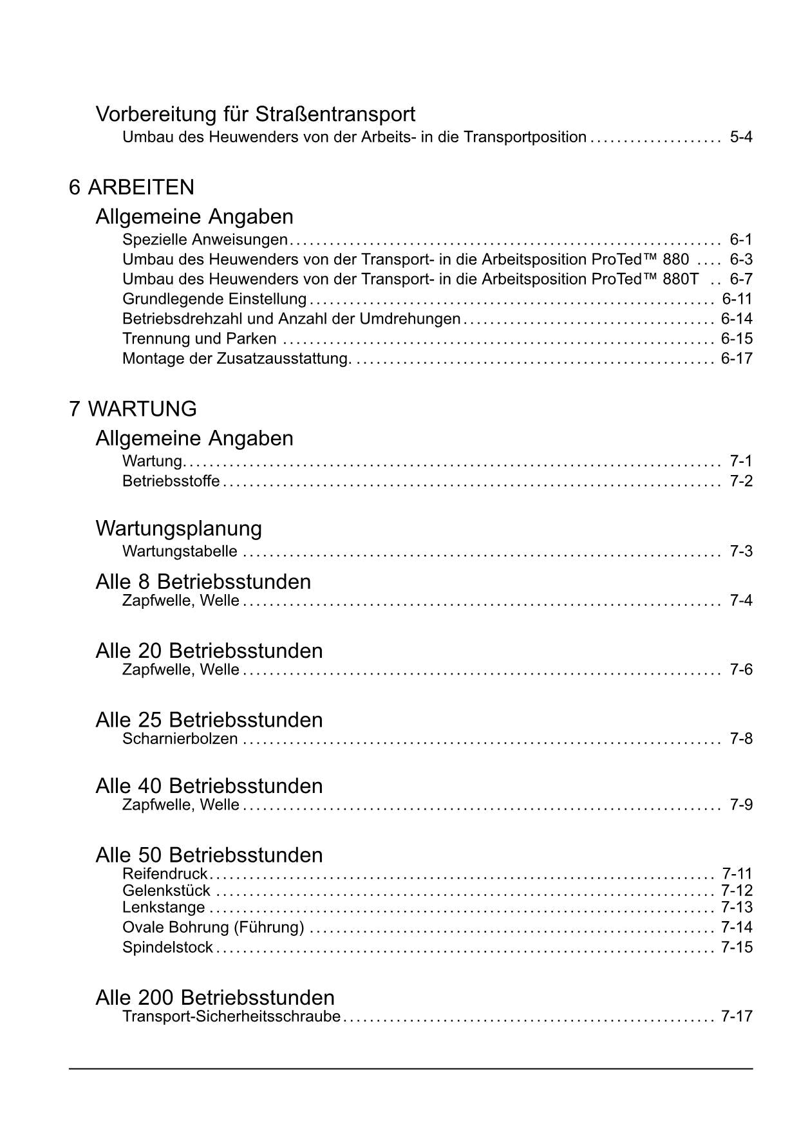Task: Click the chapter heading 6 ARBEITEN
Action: (131, 187)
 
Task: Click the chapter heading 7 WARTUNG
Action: (133, 409)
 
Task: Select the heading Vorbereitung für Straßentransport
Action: (255, 114)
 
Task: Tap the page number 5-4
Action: (740, 137)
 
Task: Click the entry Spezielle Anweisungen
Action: (205, 240)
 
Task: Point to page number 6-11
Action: (737, 299)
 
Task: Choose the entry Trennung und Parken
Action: (199, 339)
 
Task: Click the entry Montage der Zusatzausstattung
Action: (236, 359)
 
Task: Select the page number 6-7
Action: (740, 279)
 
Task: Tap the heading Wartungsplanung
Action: (178, 528)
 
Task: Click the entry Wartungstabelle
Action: (180, 552)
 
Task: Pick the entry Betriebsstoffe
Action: (171, 481)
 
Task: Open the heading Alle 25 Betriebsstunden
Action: (209, 720)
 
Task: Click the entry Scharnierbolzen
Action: (180, 739)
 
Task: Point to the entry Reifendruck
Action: (165, 874)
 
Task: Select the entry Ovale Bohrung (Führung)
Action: (213, 928)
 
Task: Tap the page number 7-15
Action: (737, 947)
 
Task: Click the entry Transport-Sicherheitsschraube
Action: (231, 1017)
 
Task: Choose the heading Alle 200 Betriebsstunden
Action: (214, 998)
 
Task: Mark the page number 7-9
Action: (740, 805)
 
